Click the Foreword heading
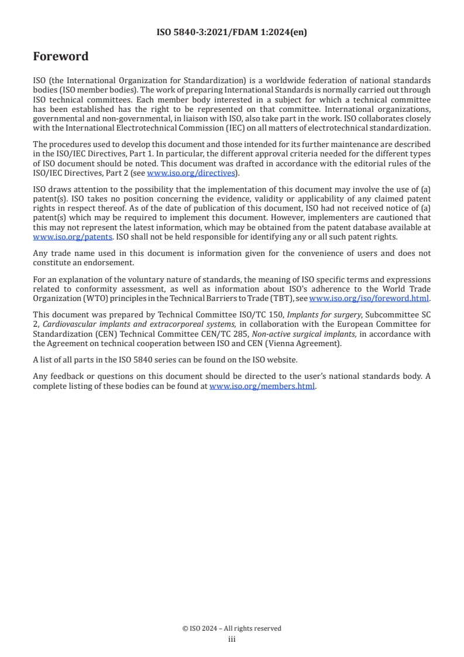61,57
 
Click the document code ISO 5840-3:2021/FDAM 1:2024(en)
232,33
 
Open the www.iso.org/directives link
191,172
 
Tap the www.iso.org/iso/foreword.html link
369,297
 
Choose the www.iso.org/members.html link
262,386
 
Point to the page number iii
232,639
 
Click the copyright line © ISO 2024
232,628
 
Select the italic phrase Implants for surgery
321,314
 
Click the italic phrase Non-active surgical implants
288,334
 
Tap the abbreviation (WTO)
84,297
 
